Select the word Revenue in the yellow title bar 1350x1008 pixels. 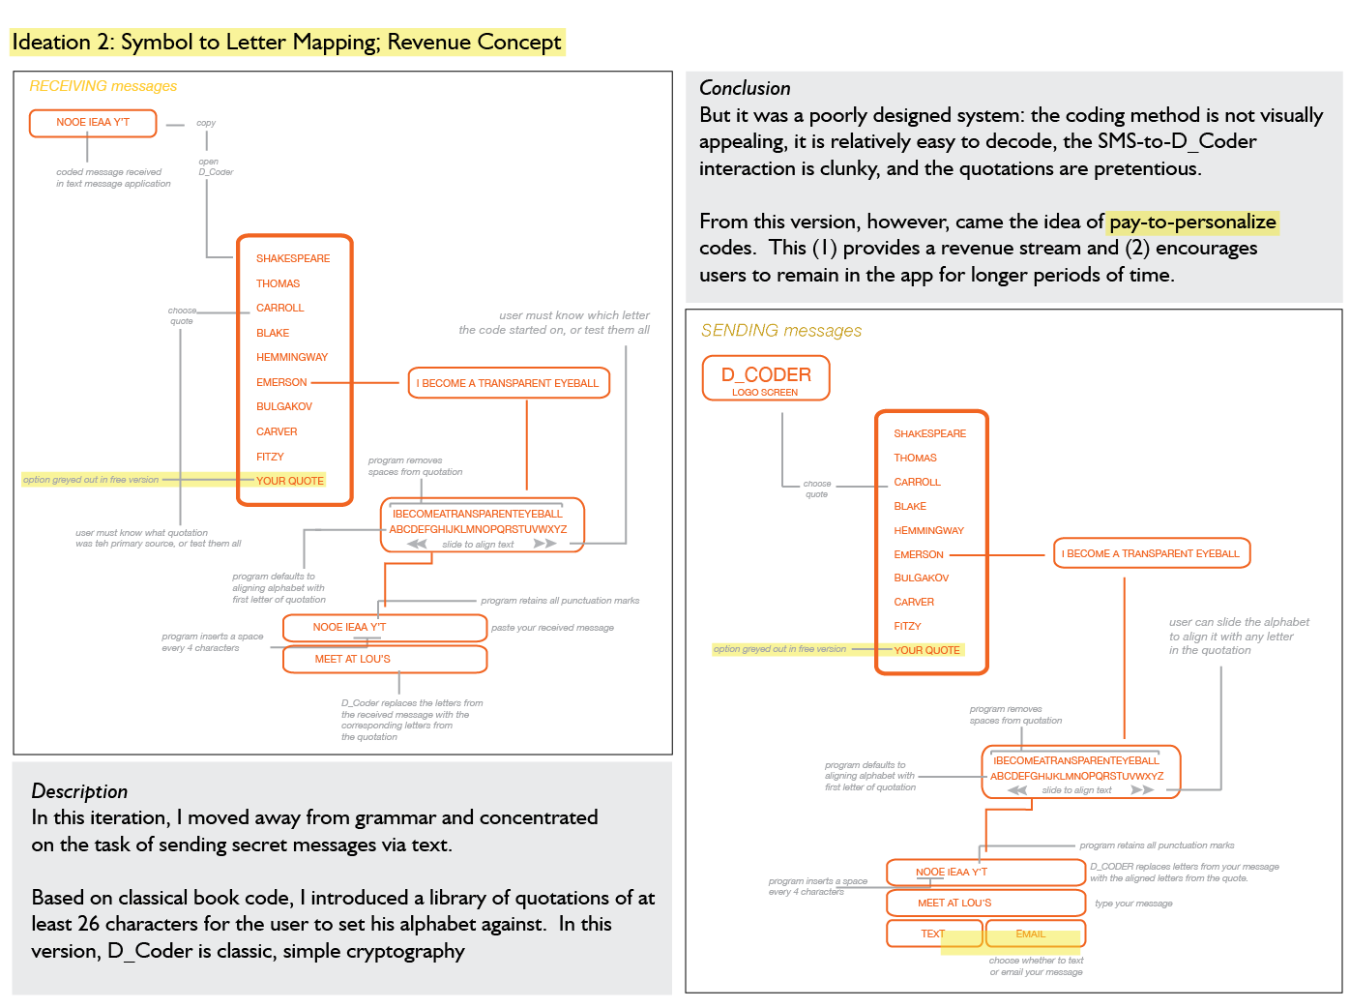pyautogui.click(x=426, y=43)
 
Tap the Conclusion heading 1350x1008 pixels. pyautogui.click(x=745, y=88)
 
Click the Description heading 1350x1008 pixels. pyautogui.click(x=79, y=791)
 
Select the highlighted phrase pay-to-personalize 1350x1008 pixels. pyautogui.click(x=1192, y=222)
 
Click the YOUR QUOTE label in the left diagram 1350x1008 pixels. pyautogui.click(x=290, y=481)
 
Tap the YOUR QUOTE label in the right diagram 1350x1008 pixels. pyautogui.click(x=926, y=650)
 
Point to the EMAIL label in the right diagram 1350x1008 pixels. pyautogui.click(x=1031, y=934)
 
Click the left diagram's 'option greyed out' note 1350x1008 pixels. pyautogui.click(x=91, y=480)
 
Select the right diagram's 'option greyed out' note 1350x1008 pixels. pyautogui.click(x=779, y=649)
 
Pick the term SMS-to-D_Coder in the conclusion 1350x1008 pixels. pyautogui.click(x=1177, y=141)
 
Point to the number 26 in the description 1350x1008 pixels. pyautogui.click(x=89, y=924)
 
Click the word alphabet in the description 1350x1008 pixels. pyautogui.click(x=442, y=924)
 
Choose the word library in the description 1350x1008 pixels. pyautogui.click(x=464, y=898)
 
